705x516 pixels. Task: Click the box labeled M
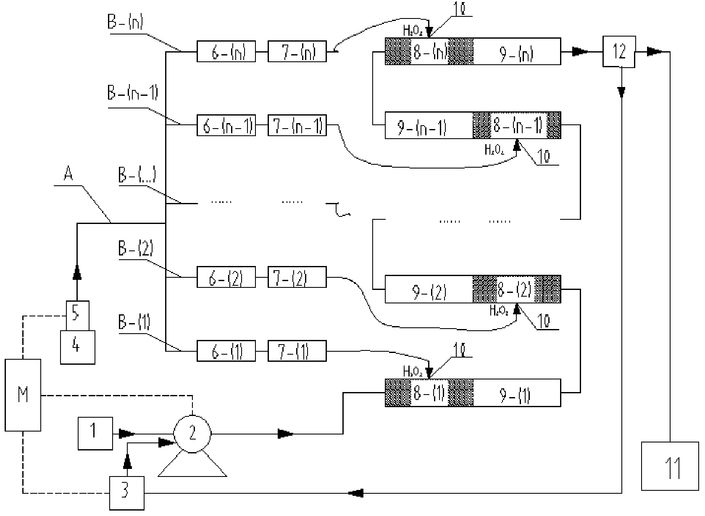tap(23, 395)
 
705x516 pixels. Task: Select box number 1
tap(95, 433)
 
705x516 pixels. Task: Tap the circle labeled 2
tap(192, 434)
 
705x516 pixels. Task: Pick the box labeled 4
tap(77, 347)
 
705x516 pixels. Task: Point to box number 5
tap(77, 315)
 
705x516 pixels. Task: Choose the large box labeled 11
tap(670, 466)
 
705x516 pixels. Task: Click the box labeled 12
tap(619, 52)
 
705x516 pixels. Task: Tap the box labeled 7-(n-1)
tap(297, 125)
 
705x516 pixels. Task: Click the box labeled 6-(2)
tap(226, 277)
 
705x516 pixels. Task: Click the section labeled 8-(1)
tap(429, 393)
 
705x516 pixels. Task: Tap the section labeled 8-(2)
tap(516, 289)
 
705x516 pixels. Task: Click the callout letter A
tap(68, 174)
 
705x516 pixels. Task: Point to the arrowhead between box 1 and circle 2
tap(127, 433)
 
